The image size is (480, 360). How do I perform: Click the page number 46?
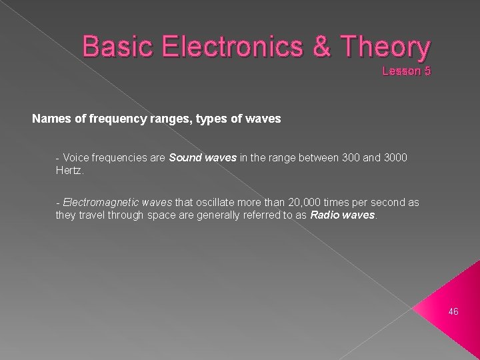(x=453, y=311)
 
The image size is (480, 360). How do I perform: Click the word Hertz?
(x=69, y=171)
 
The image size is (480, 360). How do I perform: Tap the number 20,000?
(x=285, y=202)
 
